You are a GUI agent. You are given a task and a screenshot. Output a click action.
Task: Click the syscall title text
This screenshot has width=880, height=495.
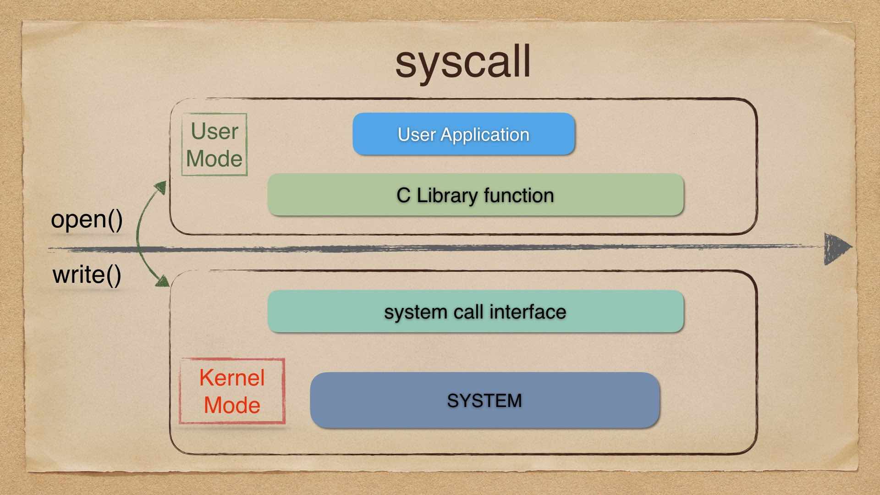tap(463, 62)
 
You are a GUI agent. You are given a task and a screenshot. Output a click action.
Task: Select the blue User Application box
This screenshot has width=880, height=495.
tap(463, 134)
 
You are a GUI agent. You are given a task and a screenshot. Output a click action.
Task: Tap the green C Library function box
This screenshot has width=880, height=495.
tap(475, 195)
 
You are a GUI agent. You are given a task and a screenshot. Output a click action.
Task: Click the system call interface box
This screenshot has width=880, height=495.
tap(475, 311)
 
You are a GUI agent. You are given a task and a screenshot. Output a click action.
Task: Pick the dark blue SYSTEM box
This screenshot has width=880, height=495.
tap(484, 400)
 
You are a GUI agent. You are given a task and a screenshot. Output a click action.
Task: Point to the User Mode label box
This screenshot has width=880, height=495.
tap(214, 145)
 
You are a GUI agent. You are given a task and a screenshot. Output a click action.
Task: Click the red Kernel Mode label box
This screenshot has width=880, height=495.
tap(232, 391)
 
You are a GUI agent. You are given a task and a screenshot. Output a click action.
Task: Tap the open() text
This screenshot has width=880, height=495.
tap(87, 219)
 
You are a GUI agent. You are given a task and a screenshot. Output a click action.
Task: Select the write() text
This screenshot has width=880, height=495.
tap(87, 275)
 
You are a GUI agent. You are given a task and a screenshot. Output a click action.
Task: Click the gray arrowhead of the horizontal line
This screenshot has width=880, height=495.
tap(837, 248)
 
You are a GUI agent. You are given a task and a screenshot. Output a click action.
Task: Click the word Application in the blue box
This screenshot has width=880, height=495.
tap(485, 134)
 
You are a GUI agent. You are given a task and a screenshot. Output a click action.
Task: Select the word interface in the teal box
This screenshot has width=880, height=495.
tap(528, 312)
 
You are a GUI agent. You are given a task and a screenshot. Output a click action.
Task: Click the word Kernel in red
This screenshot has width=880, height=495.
tap(232, 378)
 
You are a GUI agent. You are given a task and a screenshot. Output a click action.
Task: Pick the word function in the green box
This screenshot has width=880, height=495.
tap(519, 195)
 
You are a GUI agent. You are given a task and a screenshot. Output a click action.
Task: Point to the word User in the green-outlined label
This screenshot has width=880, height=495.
tap(214, 132)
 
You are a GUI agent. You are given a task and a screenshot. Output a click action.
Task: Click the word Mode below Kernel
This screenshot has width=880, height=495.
tap(232, 405)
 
